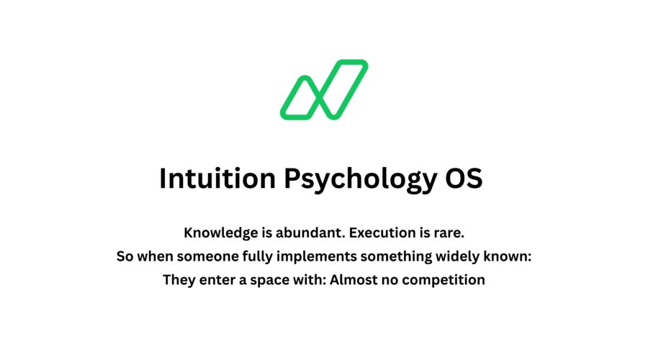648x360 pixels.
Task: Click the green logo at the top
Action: (x=324, y=89)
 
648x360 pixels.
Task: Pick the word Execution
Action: (x=390, y=233)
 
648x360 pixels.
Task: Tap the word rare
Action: (x=447, y=233)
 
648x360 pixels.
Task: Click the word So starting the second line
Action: (x=125, y=256)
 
